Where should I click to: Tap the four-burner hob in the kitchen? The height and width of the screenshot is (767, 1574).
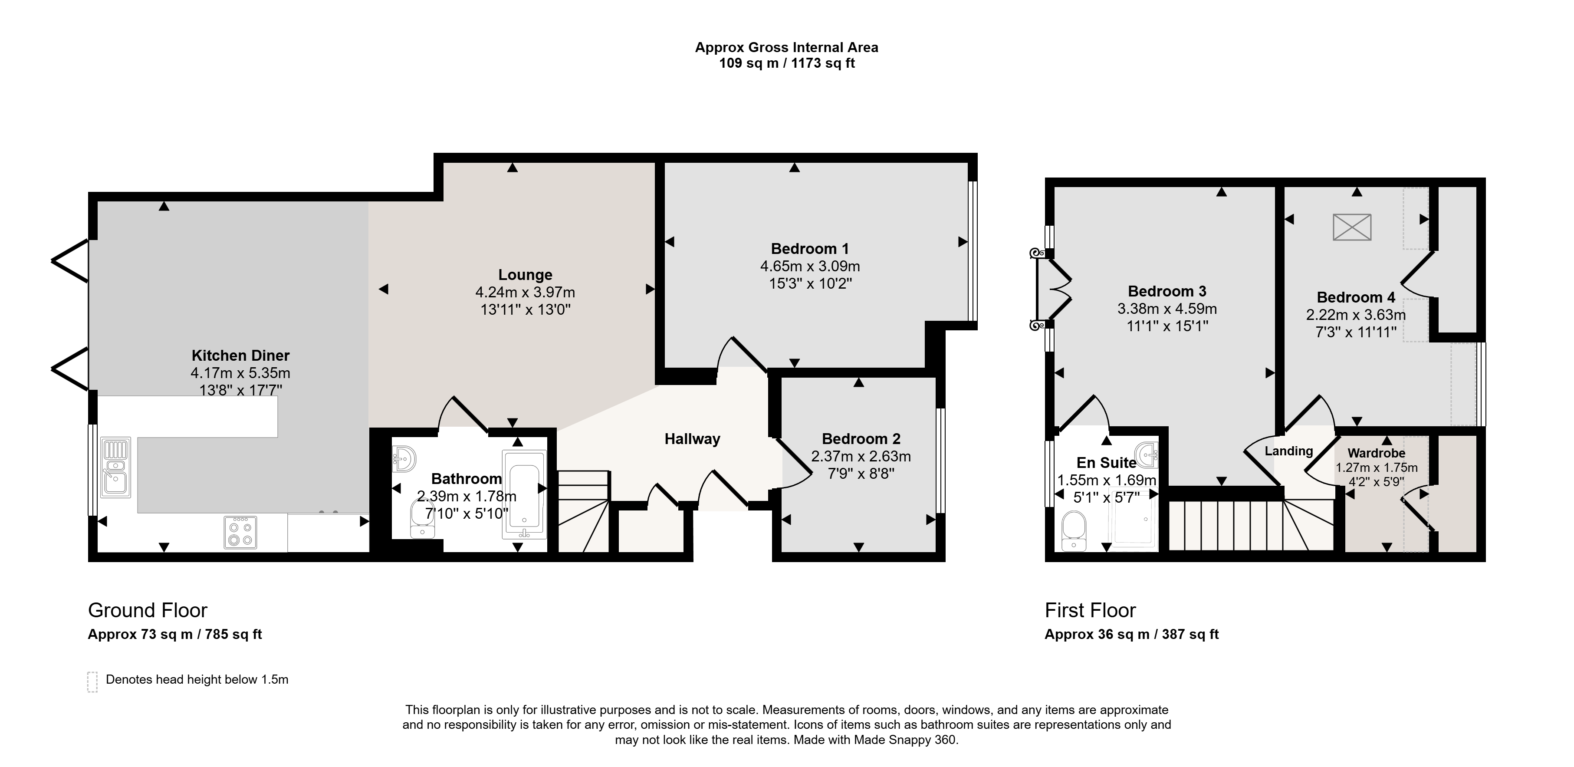pyautogui.click(x=240, y=532)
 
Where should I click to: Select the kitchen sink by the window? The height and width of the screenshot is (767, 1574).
pyautogui.click(x=115, y=467)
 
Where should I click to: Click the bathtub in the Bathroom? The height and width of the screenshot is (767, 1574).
pyautogui.click(x=524, y=494)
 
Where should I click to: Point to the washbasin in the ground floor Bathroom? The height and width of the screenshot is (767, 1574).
pyautogui.click(x=404, y=458)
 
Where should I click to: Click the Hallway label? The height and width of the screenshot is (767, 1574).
pyautogui.click(x=692, y=439)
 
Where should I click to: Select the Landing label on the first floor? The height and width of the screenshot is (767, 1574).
pyautogui.click(x=1288, y=451)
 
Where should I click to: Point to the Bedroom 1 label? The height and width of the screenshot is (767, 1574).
pyautogui.click(x=810, y=249)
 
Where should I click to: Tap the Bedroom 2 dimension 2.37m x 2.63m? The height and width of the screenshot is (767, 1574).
pyautogui.click(x=861, y=456)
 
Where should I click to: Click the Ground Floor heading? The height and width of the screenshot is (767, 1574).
pyautogui.click(x=148, y=610)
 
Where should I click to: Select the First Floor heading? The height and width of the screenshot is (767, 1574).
pyautogui.click(x=1090, y=610)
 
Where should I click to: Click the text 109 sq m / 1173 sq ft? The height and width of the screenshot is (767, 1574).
pyautogui.click(x=787, y=63)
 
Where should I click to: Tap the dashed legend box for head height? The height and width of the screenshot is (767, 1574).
pyautogui.click(x=92, y=682)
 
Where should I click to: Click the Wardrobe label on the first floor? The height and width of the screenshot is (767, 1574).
pyautogui.click(x=1377, y=453)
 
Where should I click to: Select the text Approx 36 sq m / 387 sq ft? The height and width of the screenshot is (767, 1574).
pyautogui.click(x=1132, y=634)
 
